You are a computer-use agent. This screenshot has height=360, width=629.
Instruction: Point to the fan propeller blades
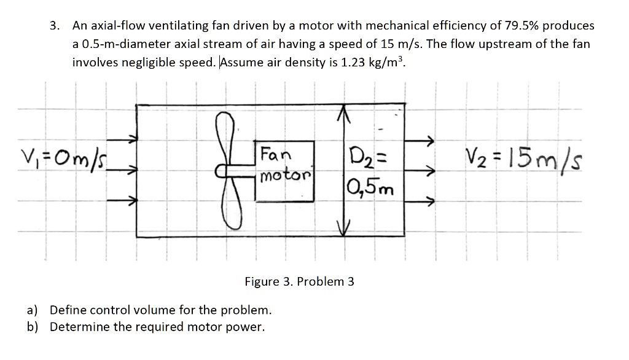click(232, 173)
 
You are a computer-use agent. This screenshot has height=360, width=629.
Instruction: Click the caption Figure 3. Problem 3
click(299, 282)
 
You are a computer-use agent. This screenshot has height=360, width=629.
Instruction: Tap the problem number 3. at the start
click(57, 26)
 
